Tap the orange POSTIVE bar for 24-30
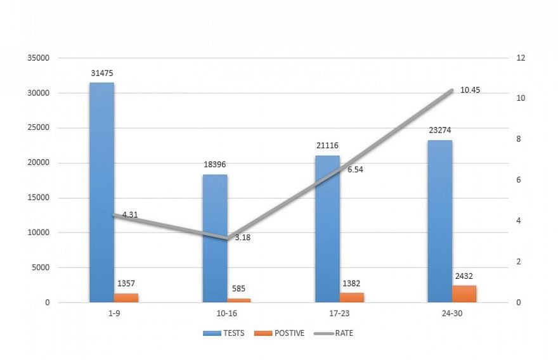[x=464, y=294]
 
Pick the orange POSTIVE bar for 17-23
[x=352, y=297]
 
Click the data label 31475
[x=101, y=73]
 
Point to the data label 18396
[x=214, y=165]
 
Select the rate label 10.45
[x=470, y=90]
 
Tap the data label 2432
[x=464, y=276]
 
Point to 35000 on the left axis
[x=39, y=58]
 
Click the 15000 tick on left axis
[x=39, y=198]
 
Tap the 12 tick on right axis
[x=521, y=58]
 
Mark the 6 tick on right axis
[x=519, y=180]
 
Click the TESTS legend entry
[x=224, y=333]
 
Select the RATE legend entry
[x=336, y=333]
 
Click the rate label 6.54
[x=355, y=170]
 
